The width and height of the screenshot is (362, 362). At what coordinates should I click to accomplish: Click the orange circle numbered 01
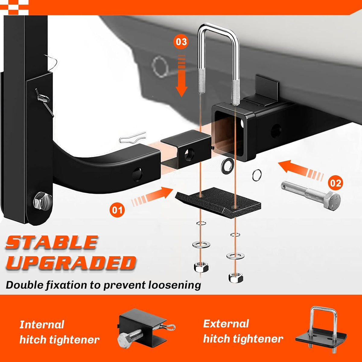(x=117, y=210)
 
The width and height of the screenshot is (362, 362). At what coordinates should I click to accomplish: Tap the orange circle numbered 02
(x=335, y=183)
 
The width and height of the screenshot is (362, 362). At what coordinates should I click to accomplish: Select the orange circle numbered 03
(x=181, y=42)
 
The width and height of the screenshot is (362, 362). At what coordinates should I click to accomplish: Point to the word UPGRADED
(x=71, y=263)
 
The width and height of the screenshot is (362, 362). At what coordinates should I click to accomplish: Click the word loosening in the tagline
(x=175, y=285)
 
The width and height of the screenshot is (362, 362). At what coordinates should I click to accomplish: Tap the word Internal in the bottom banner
(x=42, y=324)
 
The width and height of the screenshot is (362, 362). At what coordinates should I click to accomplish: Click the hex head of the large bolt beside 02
(x=331, y=201)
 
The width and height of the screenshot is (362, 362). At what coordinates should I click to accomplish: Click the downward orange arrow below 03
(x=182, y=75)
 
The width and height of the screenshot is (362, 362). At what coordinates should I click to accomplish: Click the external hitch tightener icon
(x=321, y=332)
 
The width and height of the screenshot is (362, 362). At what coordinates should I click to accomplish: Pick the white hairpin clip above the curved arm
(x=133, y=137)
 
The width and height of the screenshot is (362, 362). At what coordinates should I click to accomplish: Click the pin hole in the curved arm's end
(x=137, y=174)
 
